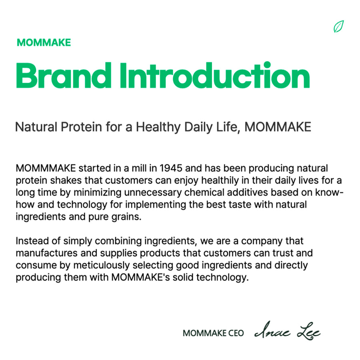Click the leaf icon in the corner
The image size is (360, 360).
click(339, 26)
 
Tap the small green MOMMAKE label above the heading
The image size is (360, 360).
click(44, 43)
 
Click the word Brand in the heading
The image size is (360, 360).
click(64, 75)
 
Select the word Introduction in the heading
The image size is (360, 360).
click(215, 75)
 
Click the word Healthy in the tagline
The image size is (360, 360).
click(158, 127)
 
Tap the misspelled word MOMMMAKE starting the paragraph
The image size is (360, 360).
click(46, 168)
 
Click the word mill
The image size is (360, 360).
click(139, 168)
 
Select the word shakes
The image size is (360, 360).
click(66, 180)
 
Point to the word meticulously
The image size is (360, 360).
click(102, 266)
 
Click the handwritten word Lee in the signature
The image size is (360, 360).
click(309, 331)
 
